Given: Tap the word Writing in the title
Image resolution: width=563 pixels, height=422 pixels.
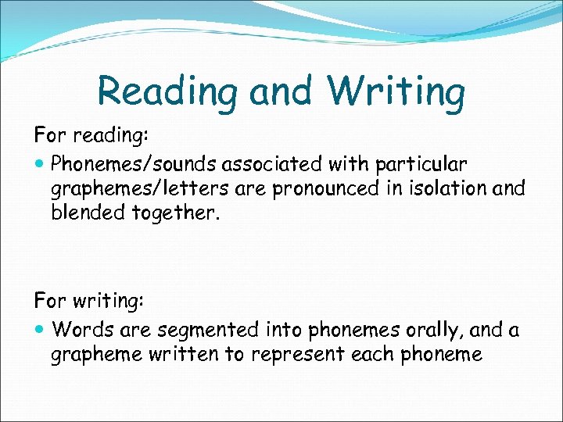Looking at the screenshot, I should pos(396,92).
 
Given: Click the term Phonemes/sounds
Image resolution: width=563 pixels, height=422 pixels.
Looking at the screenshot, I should pos(133,164).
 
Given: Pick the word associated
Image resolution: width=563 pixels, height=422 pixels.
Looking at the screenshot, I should pos(286,164).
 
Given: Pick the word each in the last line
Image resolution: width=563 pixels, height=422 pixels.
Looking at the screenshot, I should pos(372,355).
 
